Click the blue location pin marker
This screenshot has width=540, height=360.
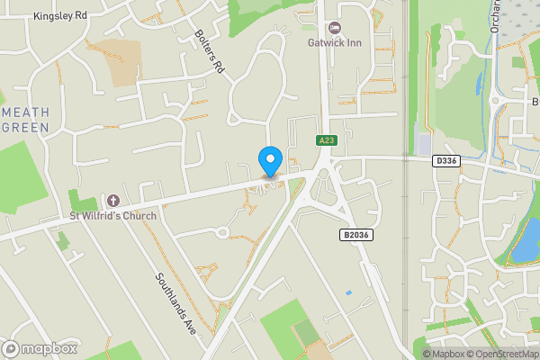(269, 161)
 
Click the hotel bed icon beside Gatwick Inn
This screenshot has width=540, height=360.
(336, 29)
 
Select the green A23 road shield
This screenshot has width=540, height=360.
(326, 140)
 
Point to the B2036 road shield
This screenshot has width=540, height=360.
(356, 235)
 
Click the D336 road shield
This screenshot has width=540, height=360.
(445, 160)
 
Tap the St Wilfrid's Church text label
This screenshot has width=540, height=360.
(113, 215)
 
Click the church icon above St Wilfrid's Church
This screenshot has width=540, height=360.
(113, 200)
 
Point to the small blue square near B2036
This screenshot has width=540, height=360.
(348, 292)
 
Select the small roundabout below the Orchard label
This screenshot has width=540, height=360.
(495, 100)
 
